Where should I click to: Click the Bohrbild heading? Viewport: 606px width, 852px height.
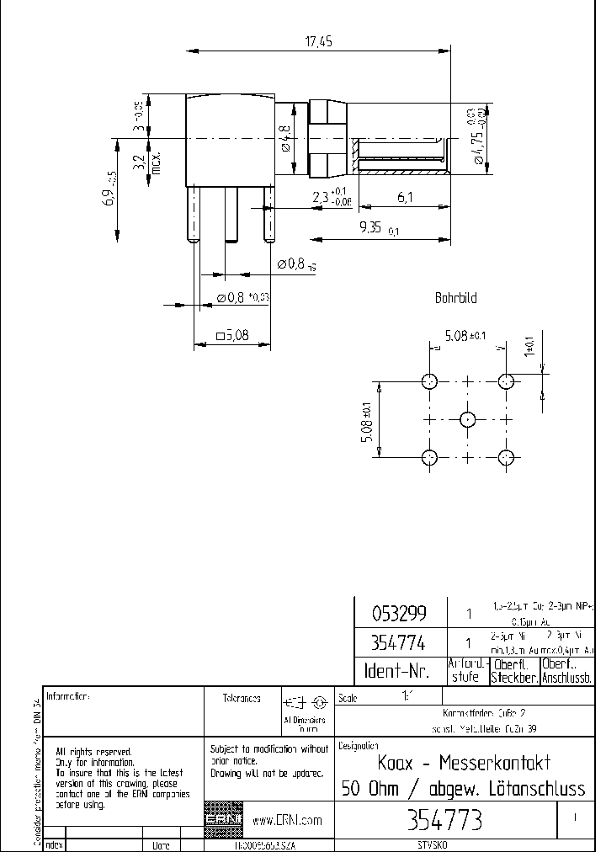(x=455, y=298)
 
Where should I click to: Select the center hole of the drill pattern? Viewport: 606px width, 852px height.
(x=468, y=419)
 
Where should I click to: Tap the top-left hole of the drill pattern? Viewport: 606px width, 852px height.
(x=429, y=381)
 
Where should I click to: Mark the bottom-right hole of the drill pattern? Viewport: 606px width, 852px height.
(x=506, y=458)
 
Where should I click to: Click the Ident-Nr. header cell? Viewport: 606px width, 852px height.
(x=396, y=671)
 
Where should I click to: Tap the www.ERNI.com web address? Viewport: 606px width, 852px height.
(x=288, y=820)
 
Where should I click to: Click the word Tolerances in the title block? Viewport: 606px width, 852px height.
(x=241, y=698)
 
